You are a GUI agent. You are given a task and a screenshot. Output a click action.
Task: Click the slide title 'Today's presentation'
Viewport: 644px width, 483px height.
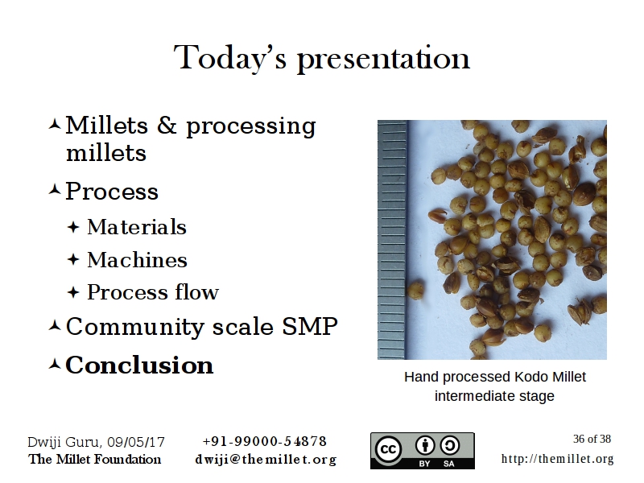[322, 58]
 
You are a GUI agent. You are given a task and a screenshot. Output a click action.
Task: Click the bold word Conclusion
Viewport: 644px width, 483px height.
[139, 365]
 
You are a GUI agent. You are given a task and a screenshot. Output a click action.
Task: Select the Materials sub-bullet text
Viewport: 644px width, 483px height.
[137, 228]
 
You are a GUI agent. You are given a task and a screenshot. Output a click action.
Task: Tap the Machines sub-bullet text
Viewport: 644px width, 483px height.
[137, 260]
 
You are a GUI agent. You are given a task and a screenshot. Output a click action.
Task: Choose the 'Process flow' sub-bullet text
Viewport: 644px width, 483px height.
[153, 292]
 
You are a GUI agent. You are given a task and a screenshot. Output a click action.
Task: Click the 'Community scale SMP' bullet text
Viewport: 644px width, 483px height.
[201, 327]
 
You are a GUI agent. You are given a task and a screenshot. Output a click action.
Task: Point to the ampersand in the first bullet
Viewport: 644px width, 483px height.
[167, 126]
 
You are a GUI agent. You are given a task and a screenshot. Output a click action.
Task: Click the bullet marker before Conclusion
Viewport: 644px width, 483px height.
[54, 365]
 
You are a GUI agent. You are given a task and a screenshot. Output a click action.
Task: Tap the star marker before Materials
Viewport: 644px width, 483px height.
[73, 228]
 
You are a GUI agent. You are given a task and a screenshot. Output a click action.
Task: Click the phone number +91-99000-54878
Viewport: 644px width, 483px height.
[265, 441]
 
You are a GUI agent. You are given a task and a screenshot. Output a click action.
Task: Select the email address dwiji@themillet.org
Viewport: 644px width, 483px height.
[265, 460]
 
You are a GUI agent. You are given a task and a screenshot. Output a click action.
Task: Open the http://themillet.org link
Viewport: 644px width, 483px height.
[557, 459]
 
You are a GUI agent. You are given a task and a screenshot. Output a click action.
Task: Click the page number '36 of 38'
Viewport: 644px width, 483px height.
[592, 439]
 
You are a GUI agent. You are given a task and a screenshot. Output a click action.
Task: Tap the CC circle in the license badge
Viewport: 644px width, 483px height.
[390, 449]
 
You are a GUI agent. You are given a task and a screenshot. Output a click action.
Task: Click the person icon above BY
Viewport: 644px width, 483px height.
[426, 445]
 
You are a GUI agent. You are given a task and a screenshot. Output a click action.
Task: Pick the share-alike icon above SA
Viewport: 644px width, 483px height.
[451, 445]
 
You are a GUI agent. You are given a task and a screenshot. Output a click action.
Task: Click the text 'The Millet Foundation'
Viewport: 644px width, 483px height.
[95, 460]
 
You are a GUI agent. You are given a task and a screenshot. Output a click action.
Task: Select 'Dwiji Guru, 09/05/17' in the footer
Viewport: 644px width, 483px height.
[96, 441]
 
